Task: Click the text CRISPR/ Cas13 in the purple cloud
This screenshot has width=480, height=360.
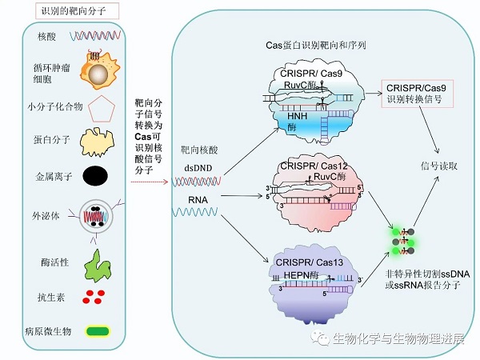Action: click(307, 262)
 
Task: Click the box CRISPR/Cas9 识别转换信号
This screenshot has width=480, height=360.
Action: click(414, 93)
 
